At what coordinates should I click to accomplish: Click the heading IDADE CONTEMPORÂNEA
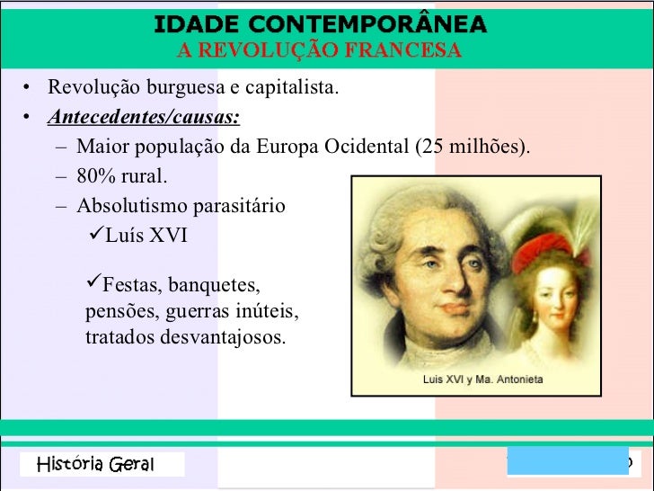[x=320, y=23]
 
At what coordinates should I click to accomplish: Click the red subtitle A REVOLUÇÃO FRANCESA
[x=320, y=50]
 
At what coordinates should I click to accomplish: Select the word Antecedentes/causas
[x=144, y=118]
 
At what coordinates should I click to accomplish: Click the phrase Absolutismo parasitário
[x=181, y=206]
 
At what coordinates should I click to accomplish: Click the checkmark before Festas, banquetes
[x=93, y=285]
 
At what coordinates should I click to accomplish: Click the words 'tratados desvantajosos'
[x=185, y=338]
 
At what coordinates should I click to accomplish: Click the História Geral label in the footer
[x=96, y=465]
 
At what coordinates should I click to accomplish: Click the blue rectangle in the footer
[x=566, y=461]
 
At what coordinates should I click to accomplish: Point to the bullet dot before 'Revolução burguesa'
[x=28, y=88]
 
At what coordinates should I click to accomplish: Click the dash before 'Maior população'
[x=59, y=147]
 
